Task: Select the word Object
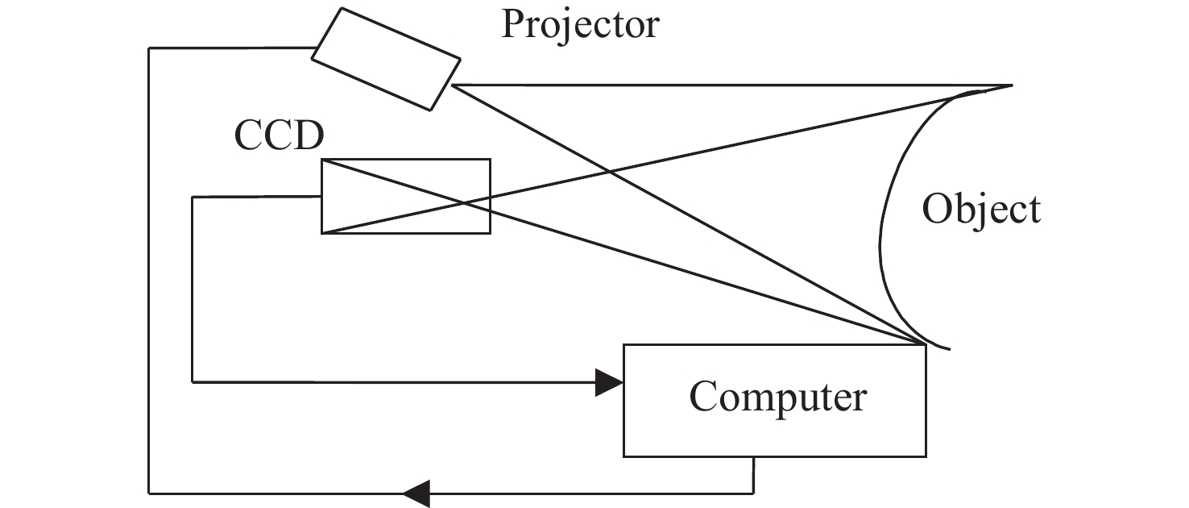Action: (981, 210)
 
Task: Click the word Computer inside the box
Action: (777, 397)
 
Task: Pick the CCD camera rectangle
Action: (405, 196)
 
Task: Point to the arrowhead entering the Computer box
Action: (609, 382)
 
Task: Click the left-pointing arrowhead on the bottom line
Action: (416, 492)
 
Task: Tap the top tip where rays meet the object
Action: (1010, 85)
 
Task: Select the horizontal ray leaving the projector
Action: (725, 85)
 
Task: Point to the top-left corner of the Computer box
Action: (624, 345)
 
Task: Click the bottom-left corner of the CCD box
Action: (322, 233)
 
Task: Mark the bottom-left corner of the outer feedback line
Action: (149, 492)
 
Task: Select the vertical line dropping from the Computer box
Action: (753, 474)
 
